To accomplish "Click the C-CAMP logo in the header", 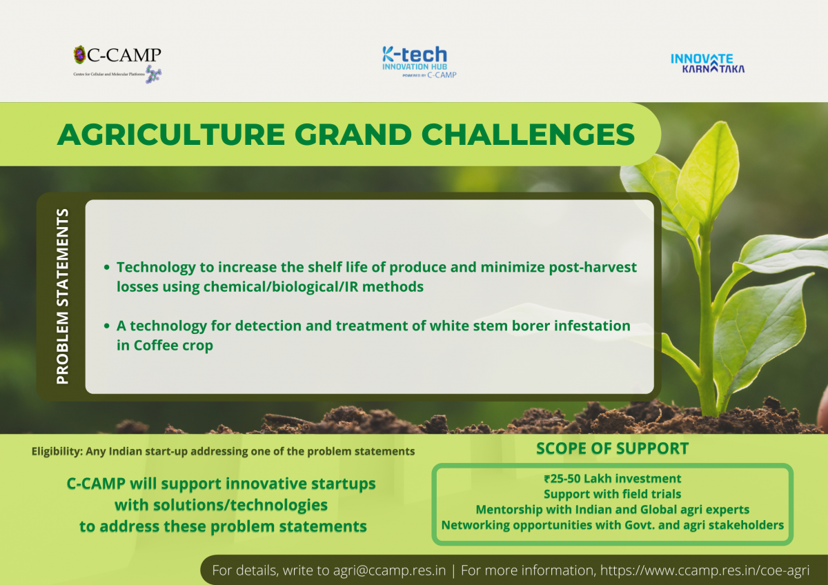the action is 117,64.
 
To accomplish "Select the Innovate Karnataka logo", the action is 707,63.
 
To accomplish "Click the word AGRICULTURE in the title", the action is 171,135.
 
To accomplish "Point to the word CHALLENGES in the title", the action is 528,135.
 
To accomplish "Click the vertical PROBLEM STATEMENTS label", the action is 63,297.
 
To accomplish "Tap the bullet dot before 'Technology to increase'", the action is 107,267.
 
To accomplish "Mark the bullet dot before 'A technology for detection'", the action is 107,326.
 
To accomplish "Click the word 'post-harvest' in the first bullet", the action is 593,268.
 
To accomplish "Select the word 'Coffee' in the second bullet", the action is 156,345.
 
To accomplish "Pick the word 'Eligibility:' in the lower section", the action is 57,451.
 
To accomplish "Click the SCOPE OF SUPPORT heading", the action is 612,448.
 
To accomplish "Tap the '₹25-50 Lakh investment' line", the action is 612,479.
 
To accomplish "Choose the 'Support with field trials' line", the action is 612,494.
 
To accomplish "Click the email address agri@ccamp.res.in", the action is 389,571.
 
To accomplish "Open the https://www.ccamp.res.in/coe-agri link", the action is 704,571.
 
